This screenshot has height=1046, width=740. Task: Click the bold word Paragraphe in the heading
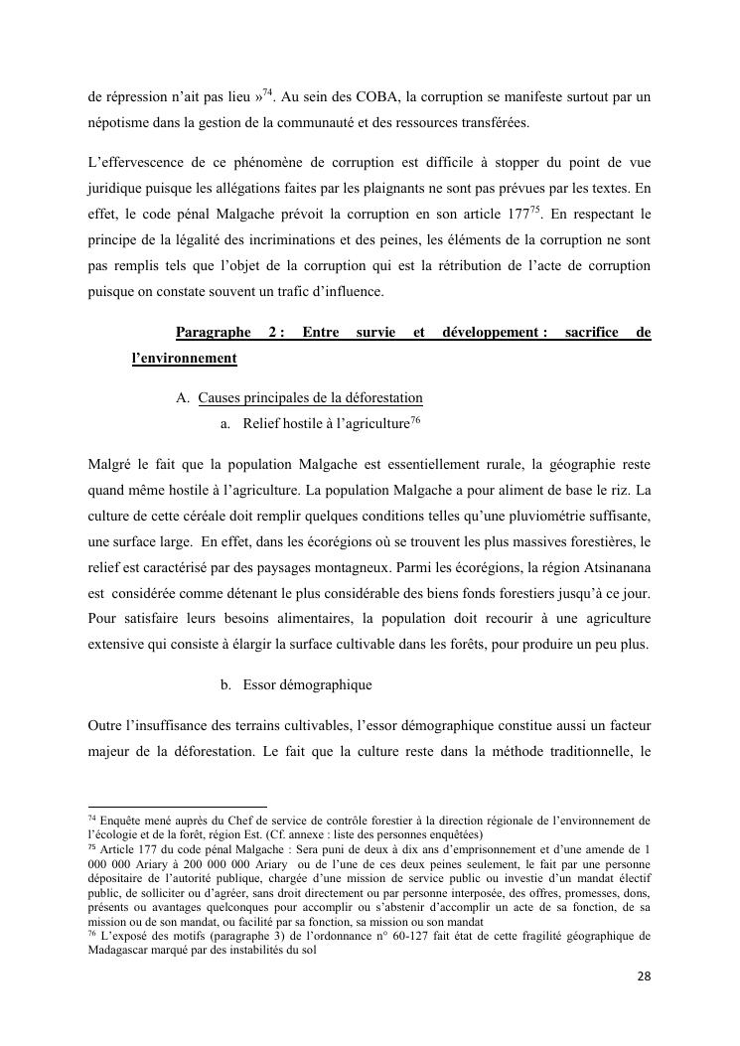213,333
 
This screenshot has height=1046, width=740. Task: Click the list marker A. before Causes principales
183,398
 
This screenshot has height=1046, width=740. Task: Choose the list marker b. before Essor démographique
225,684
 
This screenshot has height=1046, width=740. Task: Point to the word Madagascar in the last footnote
122,950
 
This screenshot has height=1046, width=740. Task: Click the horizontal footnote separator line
178,807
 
